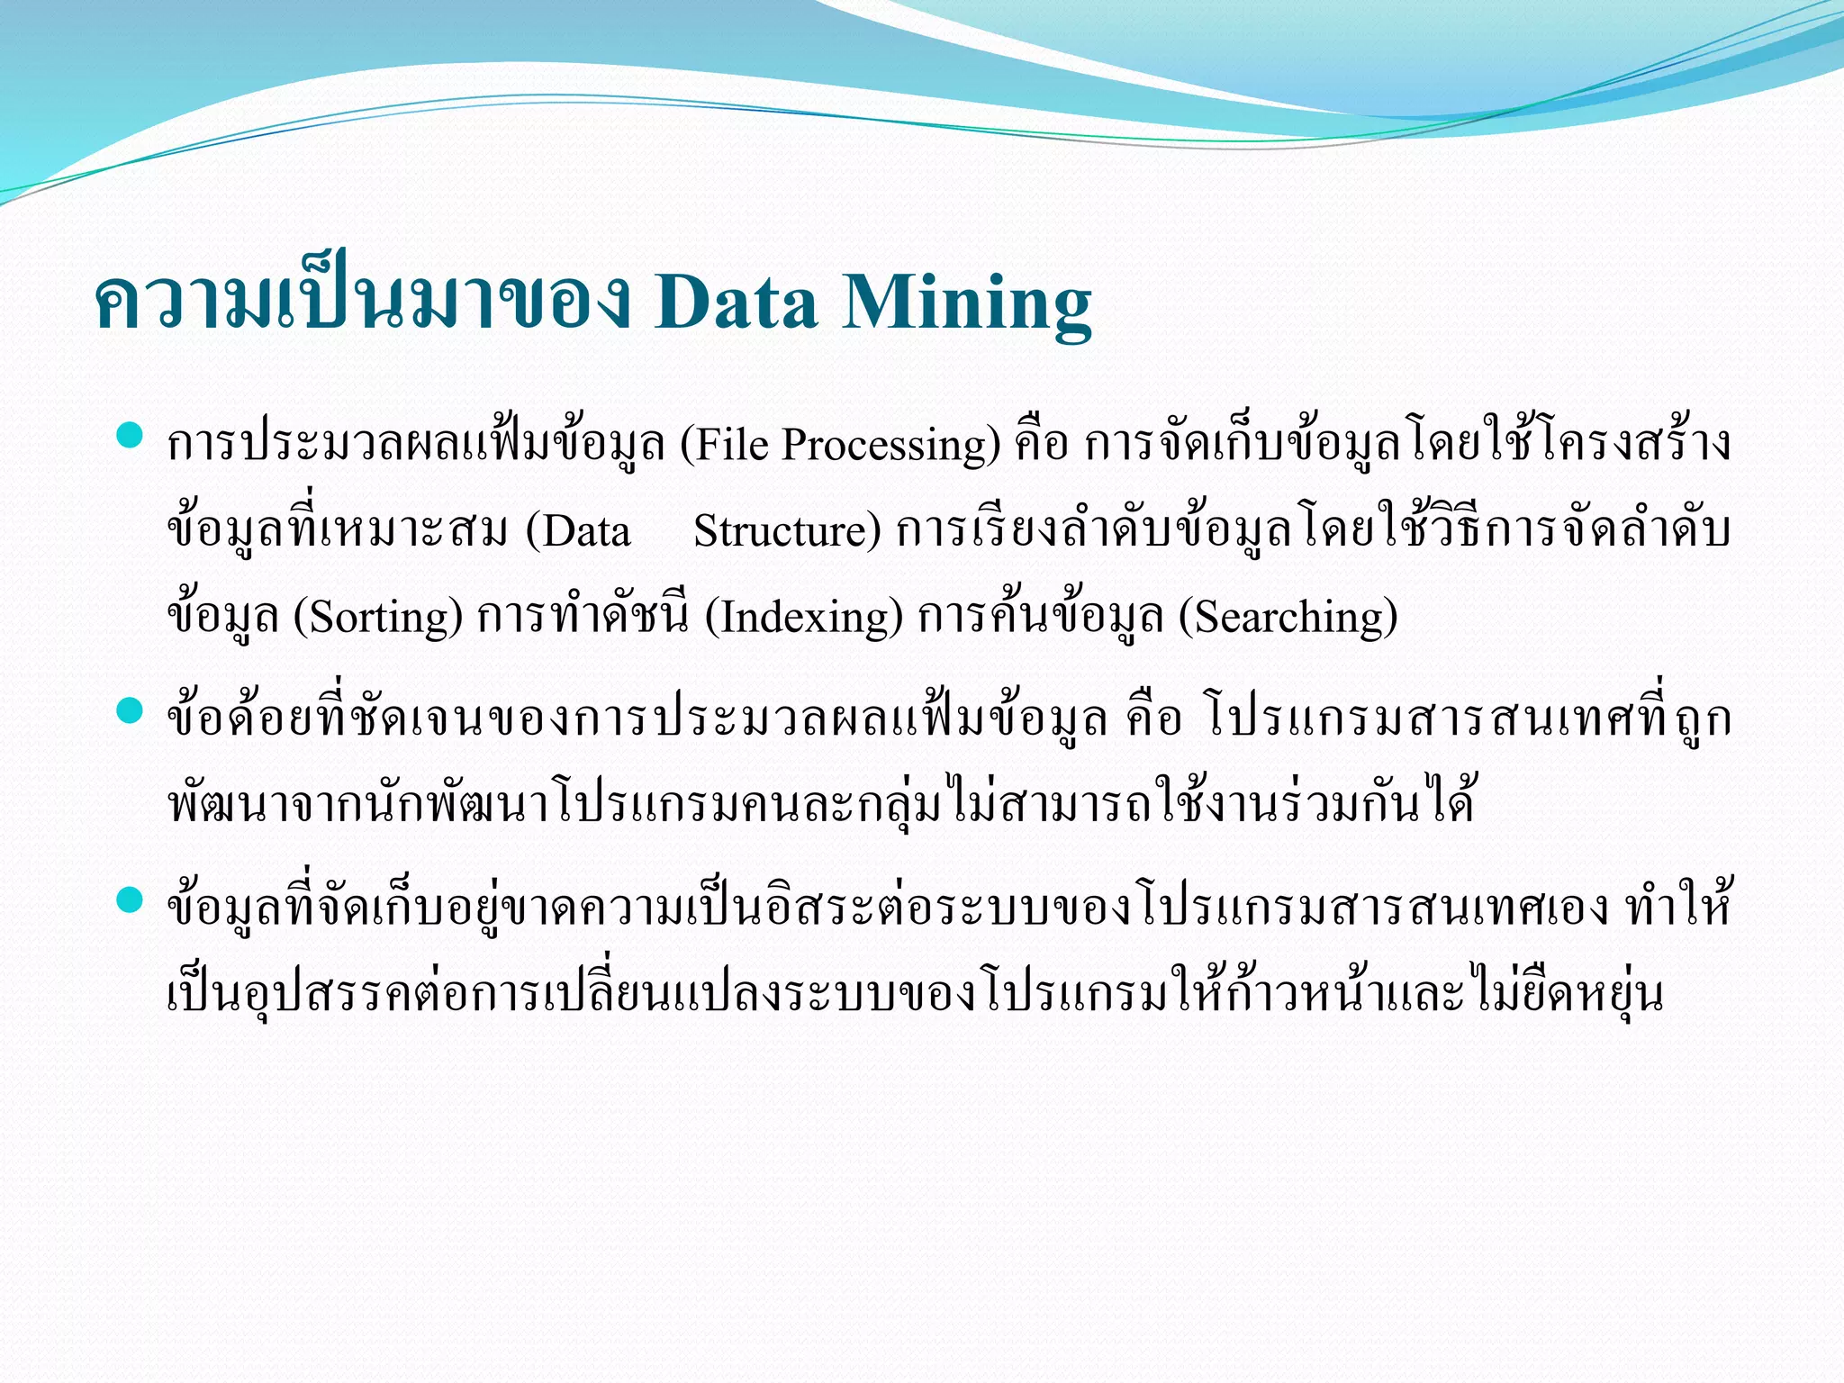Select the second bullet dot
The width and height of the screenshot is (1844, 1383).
[131, 712]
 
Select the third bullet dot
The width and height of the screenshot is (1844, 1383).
[131, 899]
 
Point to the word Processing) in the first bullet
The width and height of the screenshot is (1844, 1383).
[890, 445]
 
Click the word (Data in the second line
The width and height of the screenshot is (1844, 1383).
[578, 531]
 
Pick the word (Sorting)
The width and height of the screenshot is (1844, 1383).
[378, 618]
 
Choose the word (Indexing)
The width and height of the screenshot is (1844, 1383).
[803, 618]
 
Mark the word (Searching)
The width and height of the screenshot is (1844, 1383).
[1288, 618]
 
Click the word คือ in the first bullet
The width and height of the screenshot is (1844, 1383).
[1041, 445]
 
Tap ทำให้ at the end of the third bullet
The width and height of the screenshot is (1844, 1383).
[1678, 906]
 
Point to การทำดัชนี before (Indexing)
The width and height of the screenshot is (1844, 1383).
[583, 618]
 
